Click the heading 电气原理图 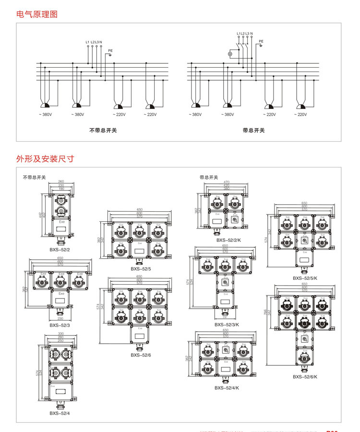37,14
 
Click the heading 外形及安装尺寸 45,158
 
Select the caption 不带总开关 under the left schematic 103,130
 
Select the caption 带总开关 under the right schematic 253,130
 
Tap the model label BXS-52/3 60,325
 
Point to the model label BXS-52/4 60,413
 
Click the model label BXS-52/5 141,269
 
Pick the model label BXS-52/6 141,355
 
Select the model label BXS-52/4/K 227,388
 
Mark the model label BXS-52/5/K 305,278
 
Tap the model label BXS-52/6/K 305,377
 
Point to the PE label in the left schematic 110,50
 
